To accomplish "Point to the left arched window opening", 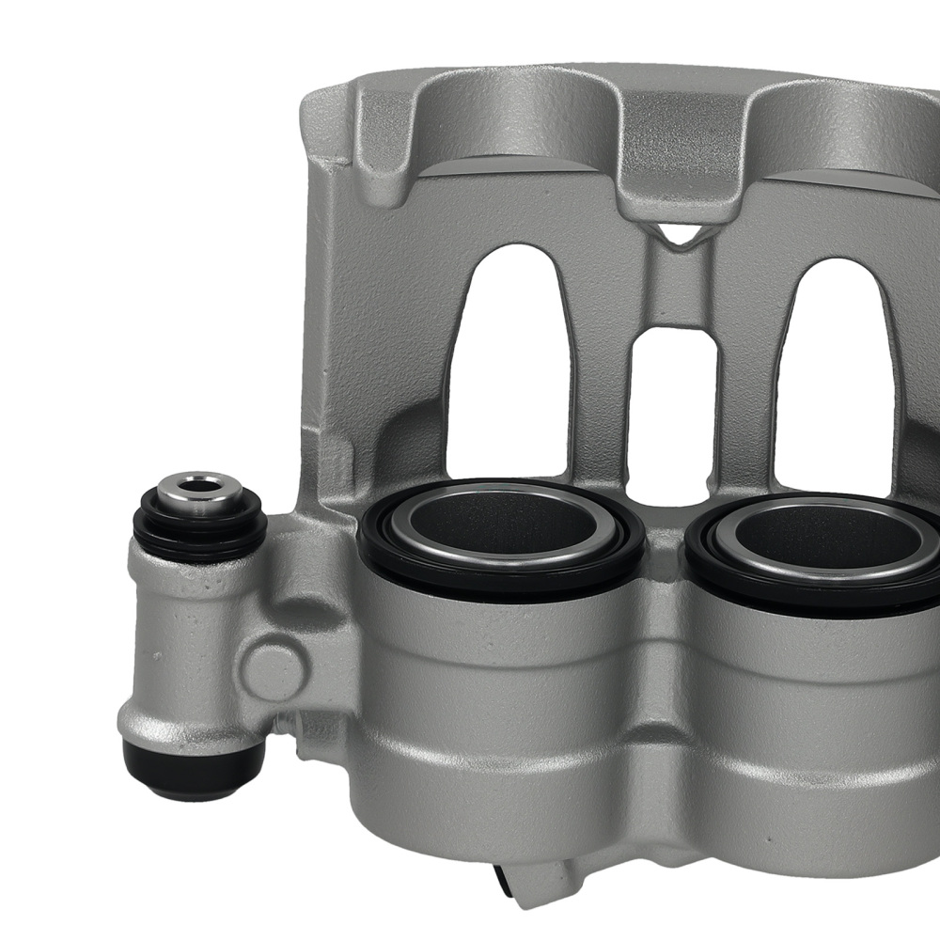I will pyautogui.click(x=508, y=357).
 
